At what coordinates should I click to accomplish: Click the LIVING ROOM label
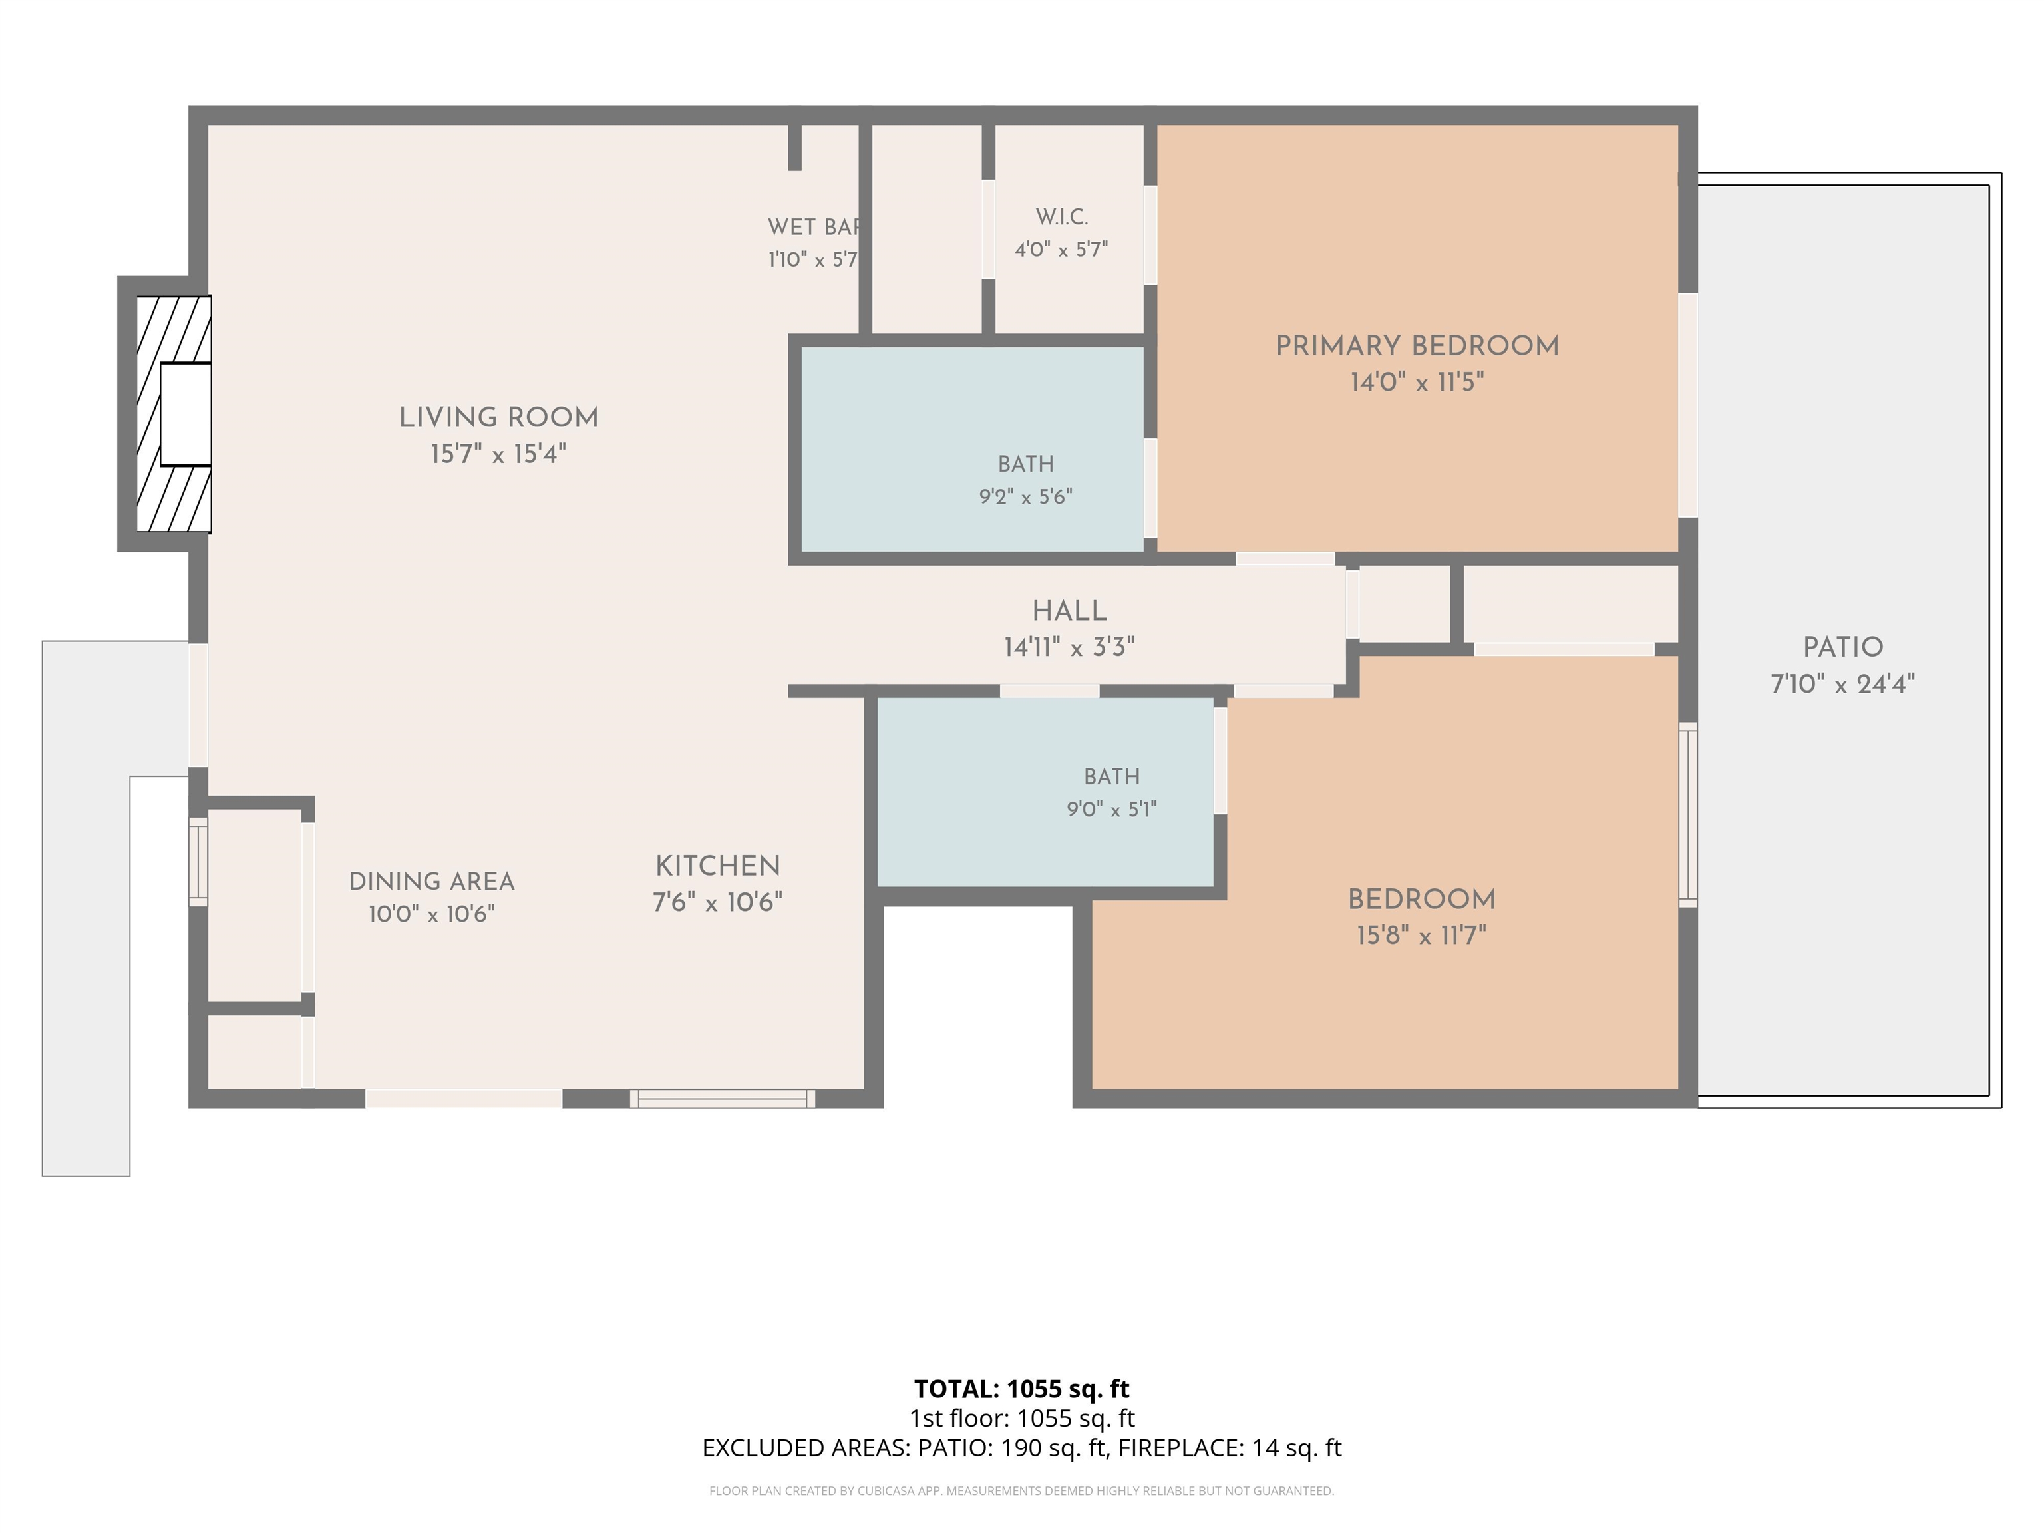click(499, 418)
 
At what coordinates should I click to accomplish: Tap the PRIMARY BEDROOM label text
click(1417, 347)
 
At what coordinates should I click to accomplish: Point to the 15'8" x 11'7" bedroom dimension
click(1421, 936)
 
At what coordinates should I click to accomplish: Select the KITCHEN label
click(718, 867)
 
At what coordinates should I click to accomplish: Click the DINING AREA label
click(432, 882)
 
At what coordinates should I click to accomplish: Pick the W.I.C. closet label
click(1062, 217)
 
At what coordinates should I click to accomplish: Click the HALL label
click(1069, 611)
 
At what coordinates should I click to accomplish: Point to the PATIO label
click(1842, 648)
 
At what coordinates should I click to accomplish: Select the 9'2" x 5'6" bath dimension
click(1026, 497)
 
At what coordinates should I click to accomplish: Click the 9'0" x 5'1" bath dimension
click(1112, 810)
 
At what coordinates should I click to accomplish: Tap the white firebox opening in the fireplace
click(186, 414)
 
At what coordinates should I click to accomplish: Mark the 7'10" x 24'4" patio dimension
click(1842, 685)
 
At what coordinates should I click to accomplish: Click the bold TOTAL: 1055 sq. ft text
click(1022, 1389)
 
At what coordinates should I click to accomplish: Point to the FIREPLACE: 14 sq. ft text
click(1230, 1448)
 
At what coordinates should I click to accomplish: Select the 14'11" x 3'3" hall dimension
click(1069, 648)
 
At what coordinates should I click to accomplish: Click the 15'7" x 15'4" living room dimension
click(499, 454)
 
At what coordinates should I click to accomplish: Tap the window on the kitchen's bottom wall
click(723, 1099)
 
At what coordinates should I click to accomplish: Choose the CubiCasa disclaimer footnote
click(1022, 1490)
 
